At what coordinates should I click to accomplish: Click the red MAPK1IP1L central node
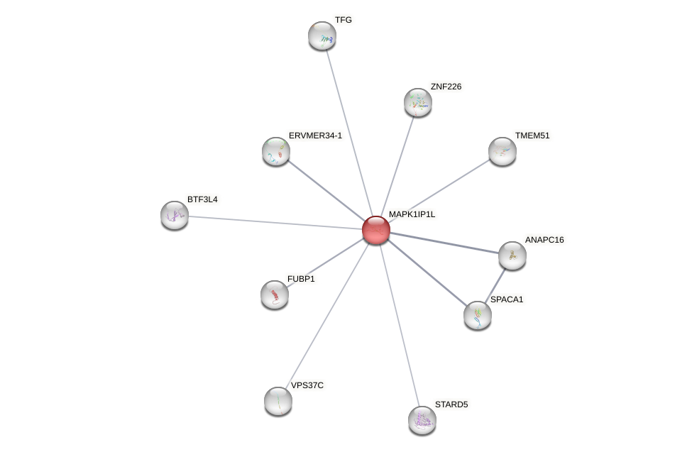coord(375,230)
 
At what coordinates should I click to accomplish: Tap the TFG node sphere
coord(322,35)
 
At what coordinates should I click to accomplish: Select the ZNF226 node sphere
coord(417,102)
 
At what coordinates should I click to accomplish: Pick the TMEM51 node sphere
coord(502,151)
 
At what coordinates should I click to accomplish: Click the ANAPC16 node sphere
coord(512,255)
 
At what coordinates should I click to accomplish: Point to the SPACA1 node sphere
coord(477,315)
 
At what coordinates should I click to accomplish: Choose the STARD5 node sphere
coord(422,420)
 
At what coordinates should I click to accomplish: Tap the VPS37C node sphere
coord(278,401)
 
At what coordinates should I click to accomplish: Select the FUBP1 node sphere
coord(274,294)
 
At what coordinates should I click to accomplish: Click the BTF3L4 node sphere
coord(174,215)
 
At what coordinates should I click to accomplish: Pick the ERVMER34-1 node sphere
coord(275,151)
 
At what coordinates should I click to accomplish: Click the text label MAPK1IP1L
coord(412,214)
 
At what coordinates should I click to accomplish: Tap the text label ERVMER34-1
coord(315,136)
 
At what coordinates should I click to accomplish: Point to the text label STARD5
coord(451,404)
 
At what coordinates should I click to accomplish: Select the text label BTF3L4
coord(202,199)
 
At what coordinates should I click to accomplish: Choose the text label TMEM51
coord(532,136)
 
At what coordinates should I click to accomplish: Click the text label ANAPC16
coord(544,240)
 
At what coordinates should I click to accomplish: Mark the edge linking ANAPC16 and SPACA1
coord(495,285)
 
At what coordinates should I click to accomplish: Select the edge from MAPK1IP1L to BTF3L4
coord(275,222)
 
